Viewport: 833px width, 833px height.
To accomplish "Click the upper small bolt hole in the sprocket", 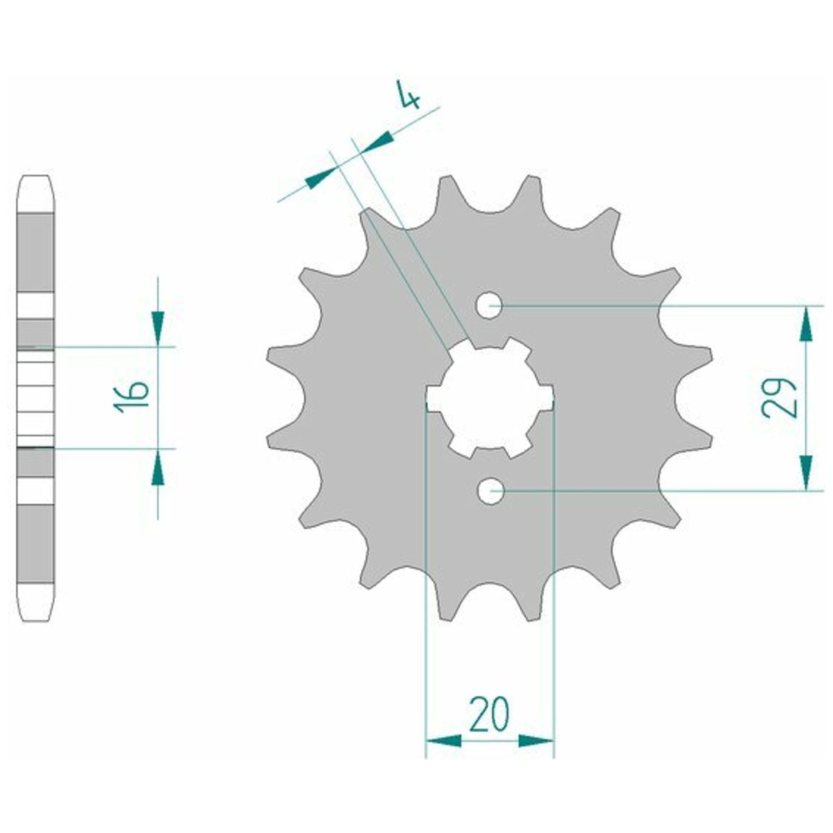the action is [489, 305].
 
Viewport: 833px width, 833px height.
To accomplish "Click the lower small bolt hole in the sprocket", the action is [489, 491].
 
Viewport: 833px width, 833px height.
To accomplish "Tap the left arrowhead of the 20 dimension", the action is [443, 740].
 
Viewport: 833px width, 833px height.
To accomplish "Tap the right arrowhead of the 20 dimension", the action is [536, 740].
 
